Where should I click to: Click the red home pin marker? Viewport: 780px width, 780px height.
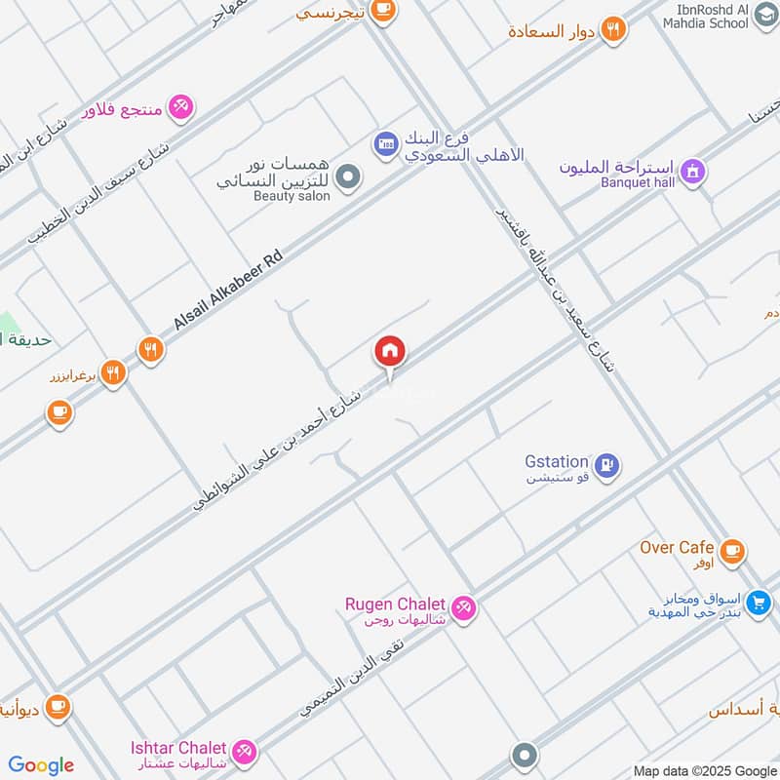click(390, 351)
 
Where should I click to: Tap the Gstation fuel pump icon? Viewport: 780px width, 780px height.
click(606, 466)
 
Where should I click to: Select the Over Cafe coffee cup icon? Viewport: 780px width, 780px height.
click(732, 551)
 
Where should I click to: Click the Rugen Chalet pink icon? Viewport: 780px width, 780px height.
click(463, 606)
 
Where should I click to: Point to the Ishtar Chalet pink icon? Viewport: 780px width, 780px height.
click(244, 751)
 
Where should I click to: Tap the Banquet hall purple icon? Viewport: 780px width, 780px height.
click(692, 172)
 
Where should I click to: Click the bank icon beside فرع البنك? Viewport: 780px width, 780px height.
click(385, 144)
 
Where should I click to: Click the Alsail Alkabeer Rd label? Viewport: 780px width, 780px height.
click(228, 289)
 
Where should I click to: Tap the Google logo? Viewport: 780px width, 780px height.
click(41, 765)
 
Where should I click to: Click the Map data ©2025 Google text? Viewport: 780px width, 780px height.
click(705, 770)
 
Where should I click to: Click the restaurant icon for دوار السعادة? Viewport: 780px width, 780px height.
click(612, 29)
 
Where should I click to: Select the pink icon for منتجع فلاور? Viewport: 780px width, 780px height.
click(180, 107)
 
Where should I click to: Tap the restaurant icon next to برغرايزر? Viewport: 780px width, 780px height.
click(113, 372)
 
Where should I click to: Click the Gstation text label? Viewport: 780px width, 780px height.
click(557, 461)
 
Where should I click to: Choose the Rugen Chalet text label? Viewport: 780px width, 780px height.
click(395, 604)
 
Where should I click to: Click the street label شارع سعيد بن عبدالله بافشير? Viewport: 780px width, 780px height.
click(557, 289)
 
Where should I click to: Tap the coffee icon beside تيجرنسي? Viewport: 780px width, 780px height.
click(383, 10)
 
